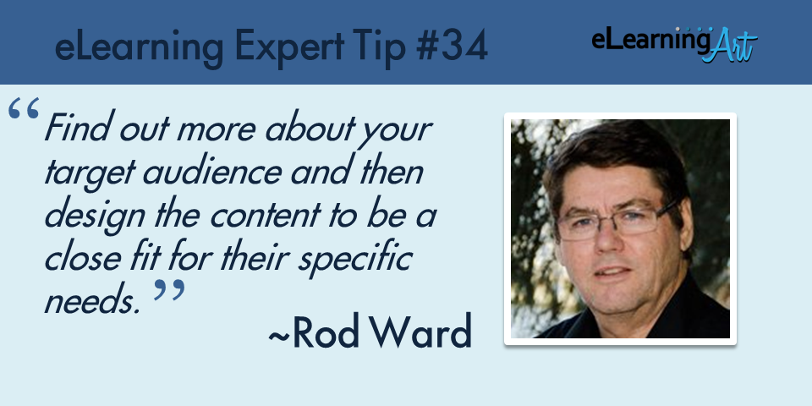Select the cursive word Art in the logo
732,46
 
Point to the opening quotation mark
24,109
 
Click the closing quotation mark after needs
169,290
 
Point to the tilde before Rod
279,335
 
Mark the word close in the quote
85,258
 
